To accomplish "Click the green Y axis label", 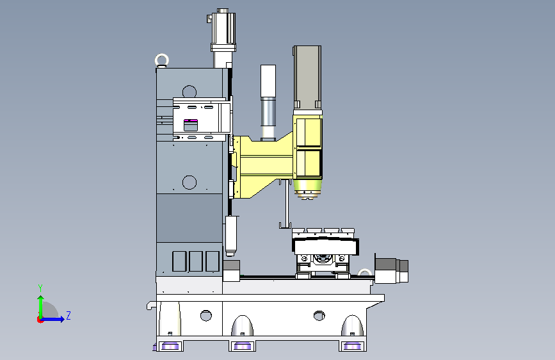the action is (x=40, y=288).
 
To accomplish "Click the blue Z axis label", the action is (x=68, y=315).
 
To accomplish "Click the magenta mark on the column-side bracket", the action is (x=190, y=121).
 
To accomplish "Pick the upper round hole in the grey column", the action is (x=189, y=92).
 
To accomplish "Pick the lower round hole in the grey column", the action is (x=189, y=182).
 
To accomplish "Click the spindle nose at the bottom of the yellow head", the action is (x=307, y=190).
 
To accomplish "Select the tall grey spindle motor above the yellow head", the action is (x=307, y=77).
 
